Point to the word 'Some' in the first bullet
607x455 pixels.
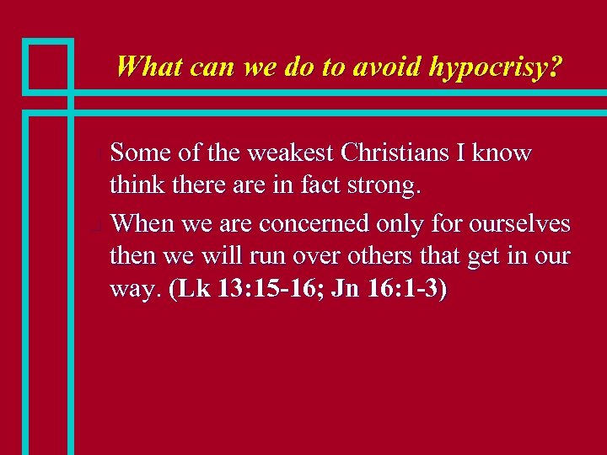(x=139, y=153)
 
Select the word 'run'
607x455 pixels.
(x=255, y=257)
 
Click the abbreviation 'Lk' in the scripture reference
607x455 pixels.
(x=190, y=289)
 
